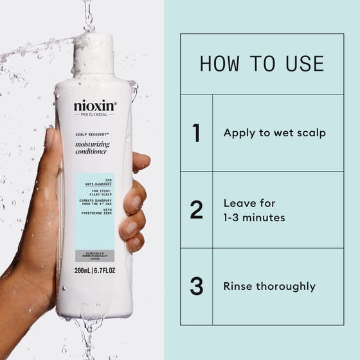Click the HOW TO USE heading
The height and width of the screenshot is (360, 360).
[x=262, y=64]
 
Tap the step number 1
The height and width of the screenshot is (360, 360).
[x=196, y=133]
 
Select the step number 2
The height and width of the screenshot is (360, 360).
[x=196, y=210]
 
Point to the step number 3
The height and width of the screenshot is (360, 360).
[x=196, y=286]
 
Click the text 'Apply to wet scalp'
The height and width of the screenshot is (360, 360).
[x=274, y=133]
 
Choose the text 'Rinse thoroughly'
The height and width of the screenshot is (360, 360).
[x=269, y=286]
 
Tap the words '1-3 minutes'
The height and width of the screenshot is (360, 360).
[x=255, y=218]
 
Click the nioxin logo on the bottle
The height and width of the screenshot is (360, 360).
[x=95, y=105]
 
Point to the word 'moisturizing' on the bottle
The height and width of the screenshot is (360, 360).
[x=93, y=145]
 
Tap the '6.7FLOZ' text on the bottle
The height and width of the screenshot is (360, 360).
[x=105, y=271]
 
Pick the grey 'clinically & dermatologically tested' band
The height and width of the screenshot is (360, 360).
[x=94, y=255]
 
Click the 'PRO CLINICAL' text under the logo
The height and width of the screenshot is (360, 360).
[x=95, y=115]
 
